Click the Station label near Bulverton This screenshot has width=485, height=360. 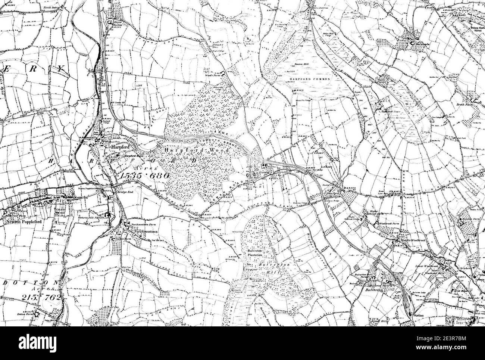coord(419,316)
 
